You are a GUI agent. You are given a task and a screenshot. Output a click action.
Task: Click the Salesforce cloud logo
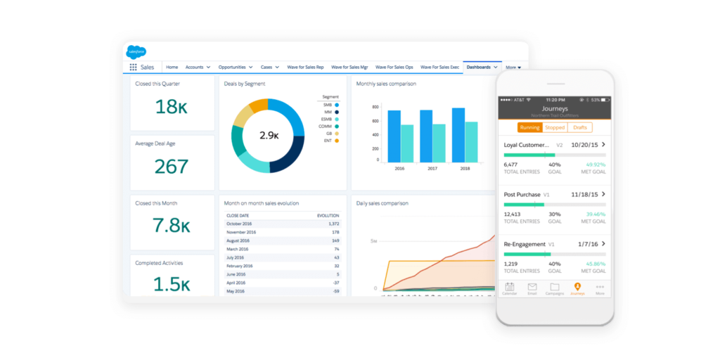136,51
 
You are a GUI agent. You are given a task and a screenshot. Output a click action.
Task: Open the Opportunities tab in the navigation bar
233,67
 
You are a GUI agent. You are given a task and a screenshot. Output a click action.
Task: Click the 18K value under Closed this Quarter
172,107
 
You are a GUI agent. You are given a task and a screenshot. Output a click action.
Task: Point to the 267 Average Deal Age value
172,167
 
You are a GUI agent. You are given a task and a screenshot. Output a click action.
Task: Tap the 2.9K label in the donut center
268,135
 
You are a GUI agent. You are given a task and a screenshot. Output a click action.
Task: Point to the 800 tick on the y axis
375,108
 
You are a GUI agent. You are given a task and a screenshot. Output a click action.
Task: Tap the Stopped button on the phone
555,128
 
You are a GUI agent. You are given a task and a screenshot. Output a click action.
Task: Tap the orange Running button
530,128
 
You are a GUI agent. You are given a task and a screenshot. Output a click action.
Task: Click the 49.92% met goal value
594,165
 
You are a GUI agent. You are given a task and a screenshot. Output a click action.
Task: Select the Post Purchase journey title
522,194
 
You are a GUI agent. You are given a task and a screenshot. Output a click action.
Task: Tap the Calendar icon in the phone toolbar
510,288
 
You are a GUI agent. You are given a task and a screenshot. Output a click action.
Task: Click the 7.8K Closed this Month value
172,226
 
